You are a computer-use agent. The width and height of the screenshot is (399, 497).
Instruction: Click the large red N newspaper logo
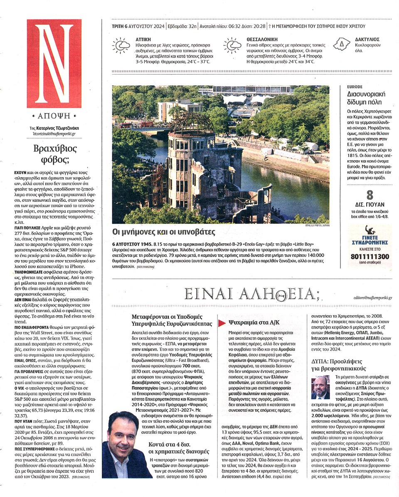tap(54, 63)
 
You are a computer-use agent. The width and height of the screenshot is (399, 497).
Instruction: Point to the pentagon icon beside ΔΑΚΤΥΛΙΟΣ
tap(342, 44)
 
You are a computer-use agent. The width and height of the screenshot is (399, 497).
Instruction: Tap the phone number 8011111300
tap(369, 257)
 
